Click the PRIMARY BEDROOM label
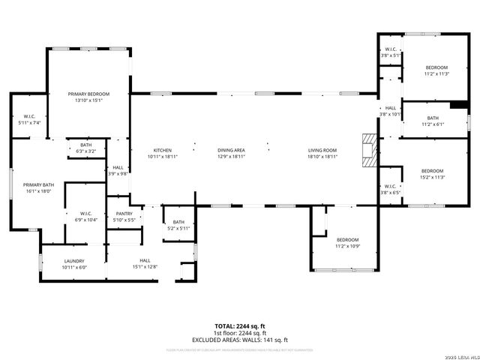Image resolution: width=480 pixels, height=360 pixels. [x=88, y=94]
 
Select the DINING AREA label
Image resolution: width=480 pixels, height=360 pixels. [x=232, y=149]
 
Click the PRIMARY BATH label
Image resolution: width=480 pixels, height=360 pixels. [x=37, y=184]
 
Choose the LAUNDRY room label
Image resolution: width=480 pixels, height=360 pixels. [x=74, y=261]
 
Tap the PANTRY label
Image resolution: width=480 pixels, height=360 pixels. [x=123, y=214]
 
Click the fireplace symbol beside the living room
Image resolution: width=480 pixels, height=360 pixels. [x=367, y=149]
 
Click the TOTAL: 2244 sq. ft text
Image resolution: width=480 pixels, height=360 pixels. [x=239, y=326]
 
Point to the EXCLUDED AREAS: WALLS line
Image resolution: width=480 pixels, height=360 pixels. [x=239, y=340]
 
